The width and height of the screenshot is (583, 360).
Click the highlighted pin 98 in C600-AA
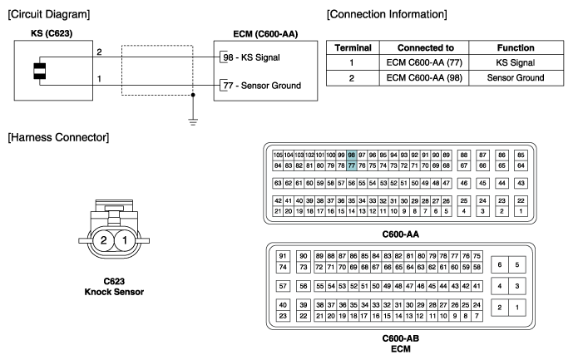(351, 155)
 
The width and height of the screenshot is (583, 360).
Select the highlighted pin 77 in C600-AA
(351, 165)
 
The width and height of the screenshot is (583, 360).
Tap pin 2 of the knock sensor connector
(103, 240)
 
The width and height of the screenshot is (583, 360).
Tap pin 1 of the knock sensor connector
(125, 240)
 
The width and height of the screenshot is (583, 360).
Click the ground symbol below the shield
(193, 122)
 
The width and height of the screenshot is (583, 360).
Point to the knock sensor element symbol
(40, 71)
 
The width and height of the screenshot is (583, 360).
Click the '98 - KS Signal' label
(251, 57)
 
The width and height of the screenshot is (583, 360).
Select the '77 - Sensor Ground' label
(262, 86)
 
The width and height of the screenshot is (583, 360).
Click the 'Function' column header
(516, 48)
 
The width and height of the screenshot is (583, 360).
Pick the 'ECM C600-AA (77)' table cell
(424, 62)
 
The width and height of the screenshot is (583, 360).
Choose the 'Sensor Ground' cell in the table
(516, 78)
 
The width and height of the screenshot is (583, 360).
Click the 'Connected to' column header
(425, 48)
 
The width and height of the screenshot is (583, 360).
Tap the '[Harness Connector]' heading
(58, 137)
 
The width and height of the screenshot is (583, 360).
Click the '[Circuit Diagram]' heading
(49, 14)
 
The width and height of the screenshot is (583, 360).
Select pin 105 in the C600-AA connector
(278, 155)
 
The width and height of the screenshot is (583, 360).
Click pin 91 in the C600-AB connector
(283, 256)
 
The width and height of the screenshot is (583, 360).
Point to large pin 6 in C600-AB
(500, 264)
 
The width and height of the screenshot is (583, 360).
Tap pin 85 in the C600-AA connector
(521, 155)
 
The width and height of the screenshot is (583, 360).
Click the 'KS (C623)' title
(52, 33)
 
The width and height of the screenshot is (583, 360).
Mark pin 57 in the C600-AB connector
(283, 286)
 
